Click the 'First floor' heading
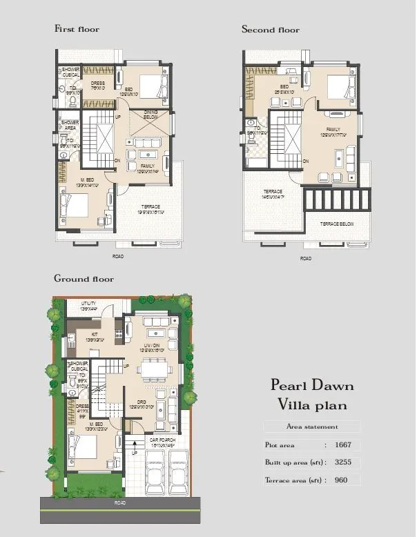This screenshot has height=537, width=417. [77, 29]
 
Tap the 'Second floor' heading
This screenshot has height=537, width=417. [270, 30]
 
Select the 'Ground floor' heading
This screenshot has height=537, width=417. [84, 279]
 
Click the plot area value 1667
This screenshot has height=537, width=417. [344, 445]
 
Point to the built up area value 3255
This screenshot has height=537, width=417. [344, 462]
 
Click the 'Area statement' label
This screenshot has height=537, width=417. [312, 427]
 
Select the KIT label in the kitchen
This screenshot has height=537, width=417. [95, 333]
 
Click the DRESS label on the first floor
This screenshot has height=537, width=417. [97, 84]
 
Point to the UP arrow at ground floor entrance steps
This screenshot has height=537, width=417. [134, 453]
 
